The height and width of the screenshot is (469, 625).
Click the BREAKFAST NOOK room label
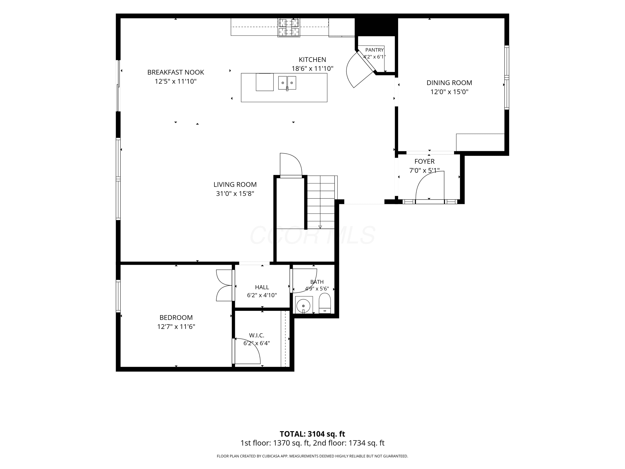click(175, 72)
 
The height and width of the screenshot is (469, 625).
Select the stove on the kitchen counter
click(289, 28)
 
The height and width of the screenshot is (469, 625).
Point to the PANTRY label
click(374, 50)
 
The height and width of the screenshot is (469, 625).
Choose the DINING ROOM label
click(449, 83)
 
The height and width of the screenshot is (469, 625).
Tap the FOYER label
click(424, 161)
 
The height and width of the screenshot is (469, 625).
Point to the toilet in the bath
click(325, 303)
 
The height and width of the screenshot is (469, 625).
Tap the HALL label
click(262, 287)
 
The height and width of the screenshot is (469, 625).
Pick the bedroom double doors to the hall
click(225, 285)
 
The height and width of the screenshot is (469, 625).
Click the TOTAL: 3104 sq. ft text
click(312, 434)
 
